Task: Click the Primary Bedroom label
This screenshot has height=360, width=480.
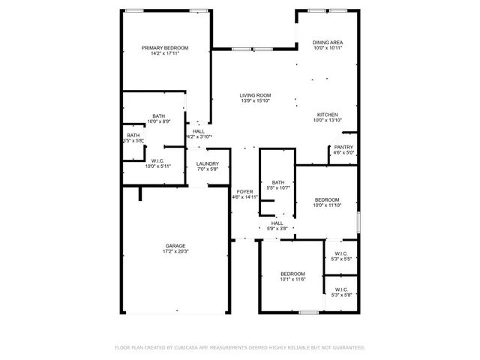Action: (x=165, y=47)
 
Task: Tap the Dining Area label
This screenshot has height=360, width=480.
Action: (x=328, y=43)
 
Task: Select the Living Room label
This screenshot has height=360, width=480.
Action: (x=255, y=95)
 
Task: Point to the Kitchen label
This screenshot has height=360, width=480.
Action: (x=328, y=114)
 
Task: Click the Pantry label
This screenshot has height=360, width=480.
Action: (x=343, y=147)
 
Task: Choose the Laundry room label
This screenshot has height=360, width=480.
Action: (x=208, y=163)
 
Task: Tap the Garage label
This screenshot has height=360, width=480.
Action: (x=176, y=246)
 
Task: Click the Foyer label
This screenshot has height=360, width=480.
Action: (x=244, y=192)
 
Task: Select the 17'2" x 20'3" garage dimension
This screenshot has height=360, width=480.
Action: (x=176, y=252)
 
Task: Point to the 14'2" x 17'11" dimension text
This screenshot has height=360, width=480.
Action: (x=165, y=53)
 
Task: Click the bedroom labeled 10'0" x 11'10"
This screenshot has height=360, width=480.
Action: (x=327, y=199)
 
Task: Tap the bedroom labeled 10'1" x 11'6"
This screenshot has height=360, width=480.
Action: (x=292, y=274)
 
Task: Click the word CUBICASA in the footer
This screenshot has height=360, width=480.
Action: (x=190, y=348)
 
